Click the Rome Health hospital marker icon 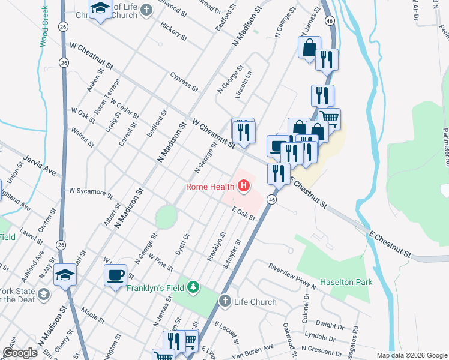coord(244,187)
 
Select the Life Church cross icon coord(224,301)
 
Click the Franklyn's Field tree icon coord(192,287)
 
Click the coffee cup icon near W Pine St coord(115,275)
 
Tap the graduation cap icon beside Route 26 coord(64,275)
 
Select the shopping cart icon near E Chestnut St coord(330,118)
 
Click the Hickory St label coord(174,32)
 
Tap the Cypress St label coord(184,82)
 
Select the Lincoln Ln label coord(243,87)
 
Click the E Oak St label coord(244,214)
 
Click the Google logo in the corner coord(20,353)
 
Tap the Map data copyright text coord(411,355)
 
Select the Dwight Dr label coord(330,325)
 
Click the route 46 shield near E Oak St coord(272,199)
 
